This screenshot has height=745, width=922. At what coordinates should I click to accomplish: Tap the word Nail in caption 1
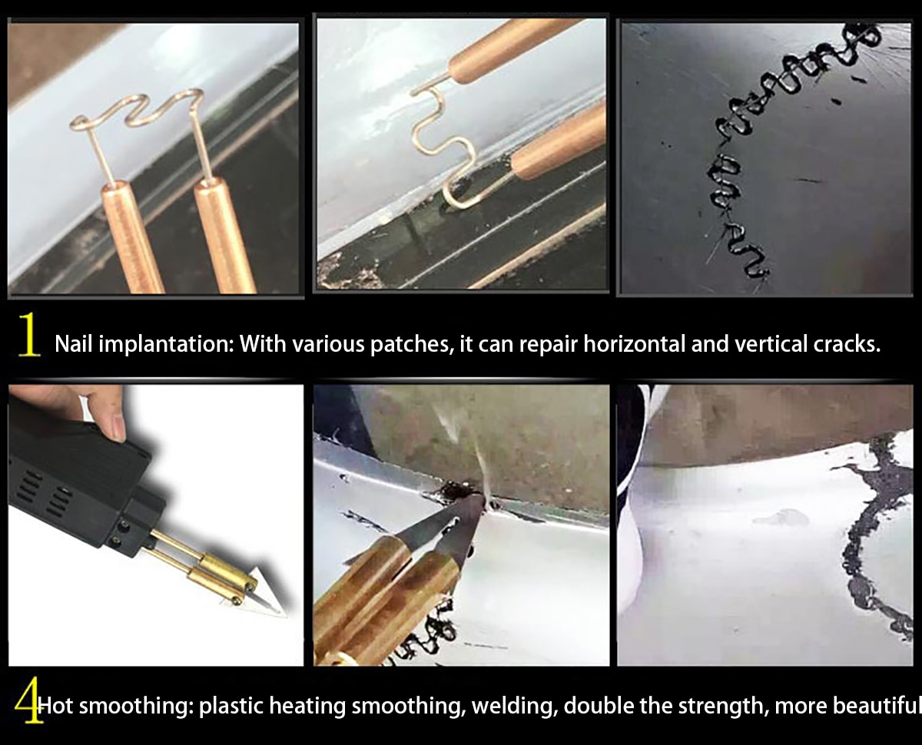point(73,343)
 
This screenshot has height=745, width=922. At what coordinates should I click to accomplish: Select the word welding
point(512,706)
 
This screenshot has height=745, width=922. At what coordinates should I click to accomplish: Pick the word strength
point(724,706)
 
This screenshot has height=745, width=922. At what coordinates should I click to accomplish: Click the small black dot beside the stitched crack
point(837,101)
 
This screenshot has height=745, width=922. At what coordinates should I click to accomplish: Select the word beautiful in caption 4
point(876,706)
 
